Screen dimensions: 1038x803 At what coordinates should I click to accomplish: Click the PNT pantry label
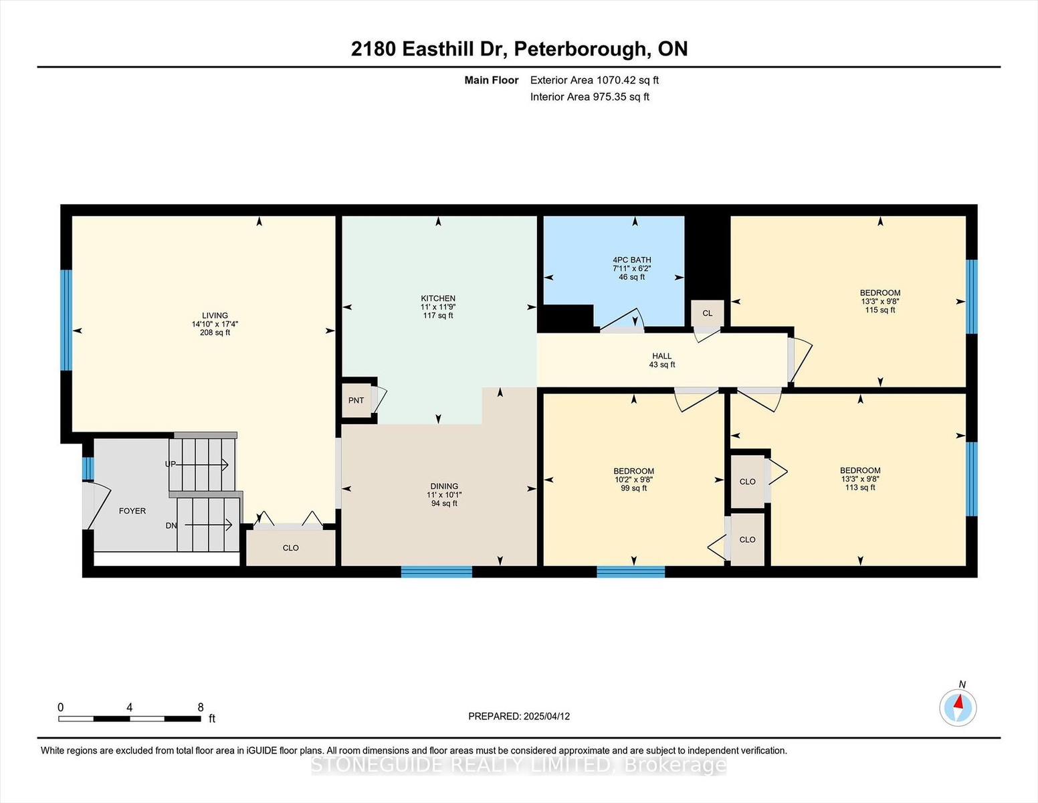[356, 400]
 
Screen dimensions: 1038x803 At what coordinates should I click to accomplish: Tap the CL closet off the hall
[708, 313]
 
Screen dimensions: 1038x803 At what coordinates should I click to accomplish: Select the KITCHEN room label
[438, 298]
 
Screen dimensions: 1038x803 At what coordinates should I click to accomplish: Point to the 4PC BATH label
[632, 260]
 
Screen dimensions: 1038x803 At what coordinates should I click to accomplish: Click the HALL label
[662, 356]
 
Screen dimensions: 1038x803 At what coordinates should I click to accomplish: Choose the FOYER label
[132, 511]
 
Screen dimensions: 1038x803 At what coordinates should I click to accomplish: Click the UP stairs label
[170, 464]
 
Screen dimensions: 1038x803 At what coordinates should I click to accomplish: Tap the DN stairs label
[171, 525]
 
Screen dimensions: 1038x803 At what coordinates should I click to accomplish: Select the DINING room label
[444, 486]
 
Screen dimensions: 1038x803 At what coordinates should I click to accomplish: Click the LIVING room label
[215, 315]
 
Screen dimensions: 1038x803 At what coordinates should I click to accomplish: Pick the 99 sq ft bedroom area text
[634, 488]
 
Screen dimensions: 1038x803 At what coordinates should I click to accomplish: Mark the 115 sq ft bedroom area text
[880, 310]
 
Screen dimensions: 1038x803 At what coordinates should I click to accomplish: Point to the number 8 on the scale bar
[201, 707]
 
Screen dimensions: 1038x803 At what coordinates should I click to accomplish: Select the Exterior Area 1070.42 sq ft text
[594, 80]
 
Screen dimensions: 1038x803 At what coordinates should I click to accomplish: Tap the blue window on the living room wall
[66, 320]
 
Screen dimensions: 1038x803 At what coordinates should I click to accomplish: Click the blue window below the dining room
[437, 571]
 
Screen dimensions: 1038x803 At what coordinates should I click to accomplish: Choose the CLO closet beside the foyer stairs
[290, 548]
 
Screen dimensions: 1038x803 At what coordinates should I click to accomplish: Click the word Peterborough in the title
[579, 50]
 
